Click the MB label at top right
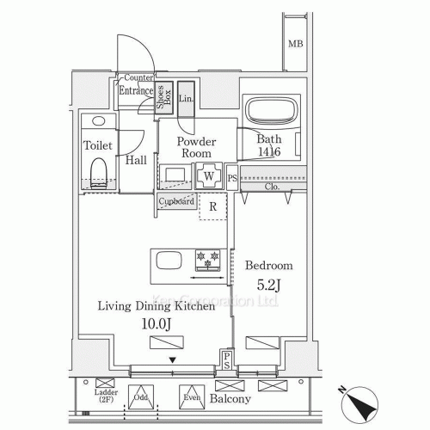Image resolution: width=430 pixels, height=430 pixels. coord(295,44)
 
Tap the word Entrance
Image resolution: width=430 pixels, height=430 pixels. coord(136,91)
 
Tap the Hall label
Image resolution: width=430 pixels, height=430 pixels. coord(135,160)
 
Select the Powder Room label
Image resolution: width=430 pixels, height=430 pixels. coord(196,148)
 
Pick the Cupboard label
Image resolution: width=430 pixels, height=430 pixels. coord(175,201)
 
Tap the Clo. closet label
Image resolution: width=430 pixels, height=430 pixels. coord(272,187)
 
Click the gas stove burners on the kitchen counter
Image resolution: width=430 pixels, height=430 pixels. coord(206,258)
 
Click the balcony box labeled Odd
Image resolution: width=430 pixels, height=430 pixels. coord(141,396)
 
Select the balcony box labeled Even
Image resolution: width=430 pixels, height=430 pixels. coord(191,396)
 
